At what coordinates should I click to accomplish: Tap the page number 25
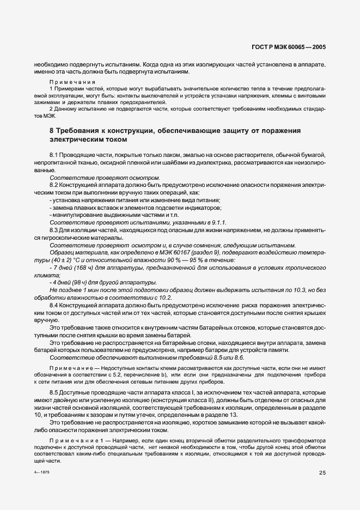(x=321, y=473)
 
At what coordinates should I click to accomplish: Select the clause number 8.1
(x=54, y=156)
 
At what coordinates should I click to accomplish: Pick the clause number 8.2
(x=54, y=186)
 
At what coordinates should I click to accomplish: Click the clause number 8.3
(x=54, y=230)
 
